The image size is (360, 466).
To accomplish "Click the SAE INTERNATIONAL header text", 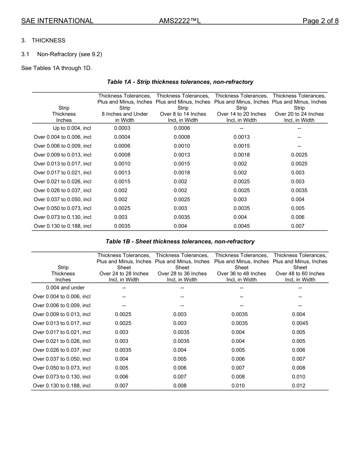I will click(57, 21).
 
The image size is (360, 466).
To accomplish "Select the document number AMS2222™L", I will click(180, 21).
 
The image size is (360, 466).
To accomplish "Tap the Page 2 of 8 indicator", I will click(320, 21).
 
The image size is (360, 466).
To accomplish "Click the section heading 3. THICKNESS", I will click(43, 41).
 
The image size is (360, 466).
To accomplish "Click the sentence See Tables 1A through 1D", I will click(56, 68).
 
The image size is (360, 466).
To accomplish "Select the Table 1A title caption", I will click(180, 82).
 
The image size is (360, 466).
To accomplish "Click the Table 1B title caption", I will click(180, 241).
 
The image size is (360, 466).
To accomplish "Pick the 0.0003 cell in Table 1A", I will click(122, 128).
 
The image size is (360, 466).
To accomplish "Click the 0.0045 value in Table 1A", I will click(241, 226).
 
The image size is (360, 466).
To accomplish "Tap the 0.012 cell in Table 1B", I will click(299, 386).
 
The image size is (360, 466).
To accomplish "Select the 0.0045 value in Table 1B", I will click(300, 323).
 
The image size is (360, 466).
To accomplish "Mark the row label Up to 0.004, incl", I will click(72, 128).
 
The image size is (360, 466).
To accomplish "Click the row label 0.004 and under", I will click(65, 288).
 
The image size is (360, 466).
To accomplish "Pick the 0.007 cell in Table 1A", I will click(297, 226).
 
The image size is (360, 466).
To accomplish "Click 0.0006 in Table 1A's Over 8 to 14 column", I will click(182, 128).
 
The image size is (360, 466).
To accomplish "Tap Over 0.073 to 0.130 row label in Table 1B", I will click(62, 377).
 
